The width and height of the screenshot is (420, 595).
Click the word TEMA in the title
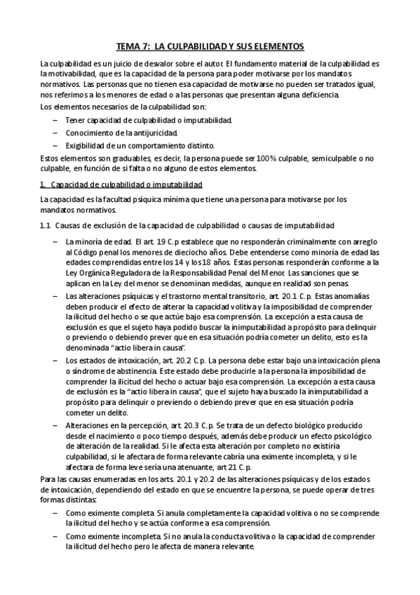coord(128,46)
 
